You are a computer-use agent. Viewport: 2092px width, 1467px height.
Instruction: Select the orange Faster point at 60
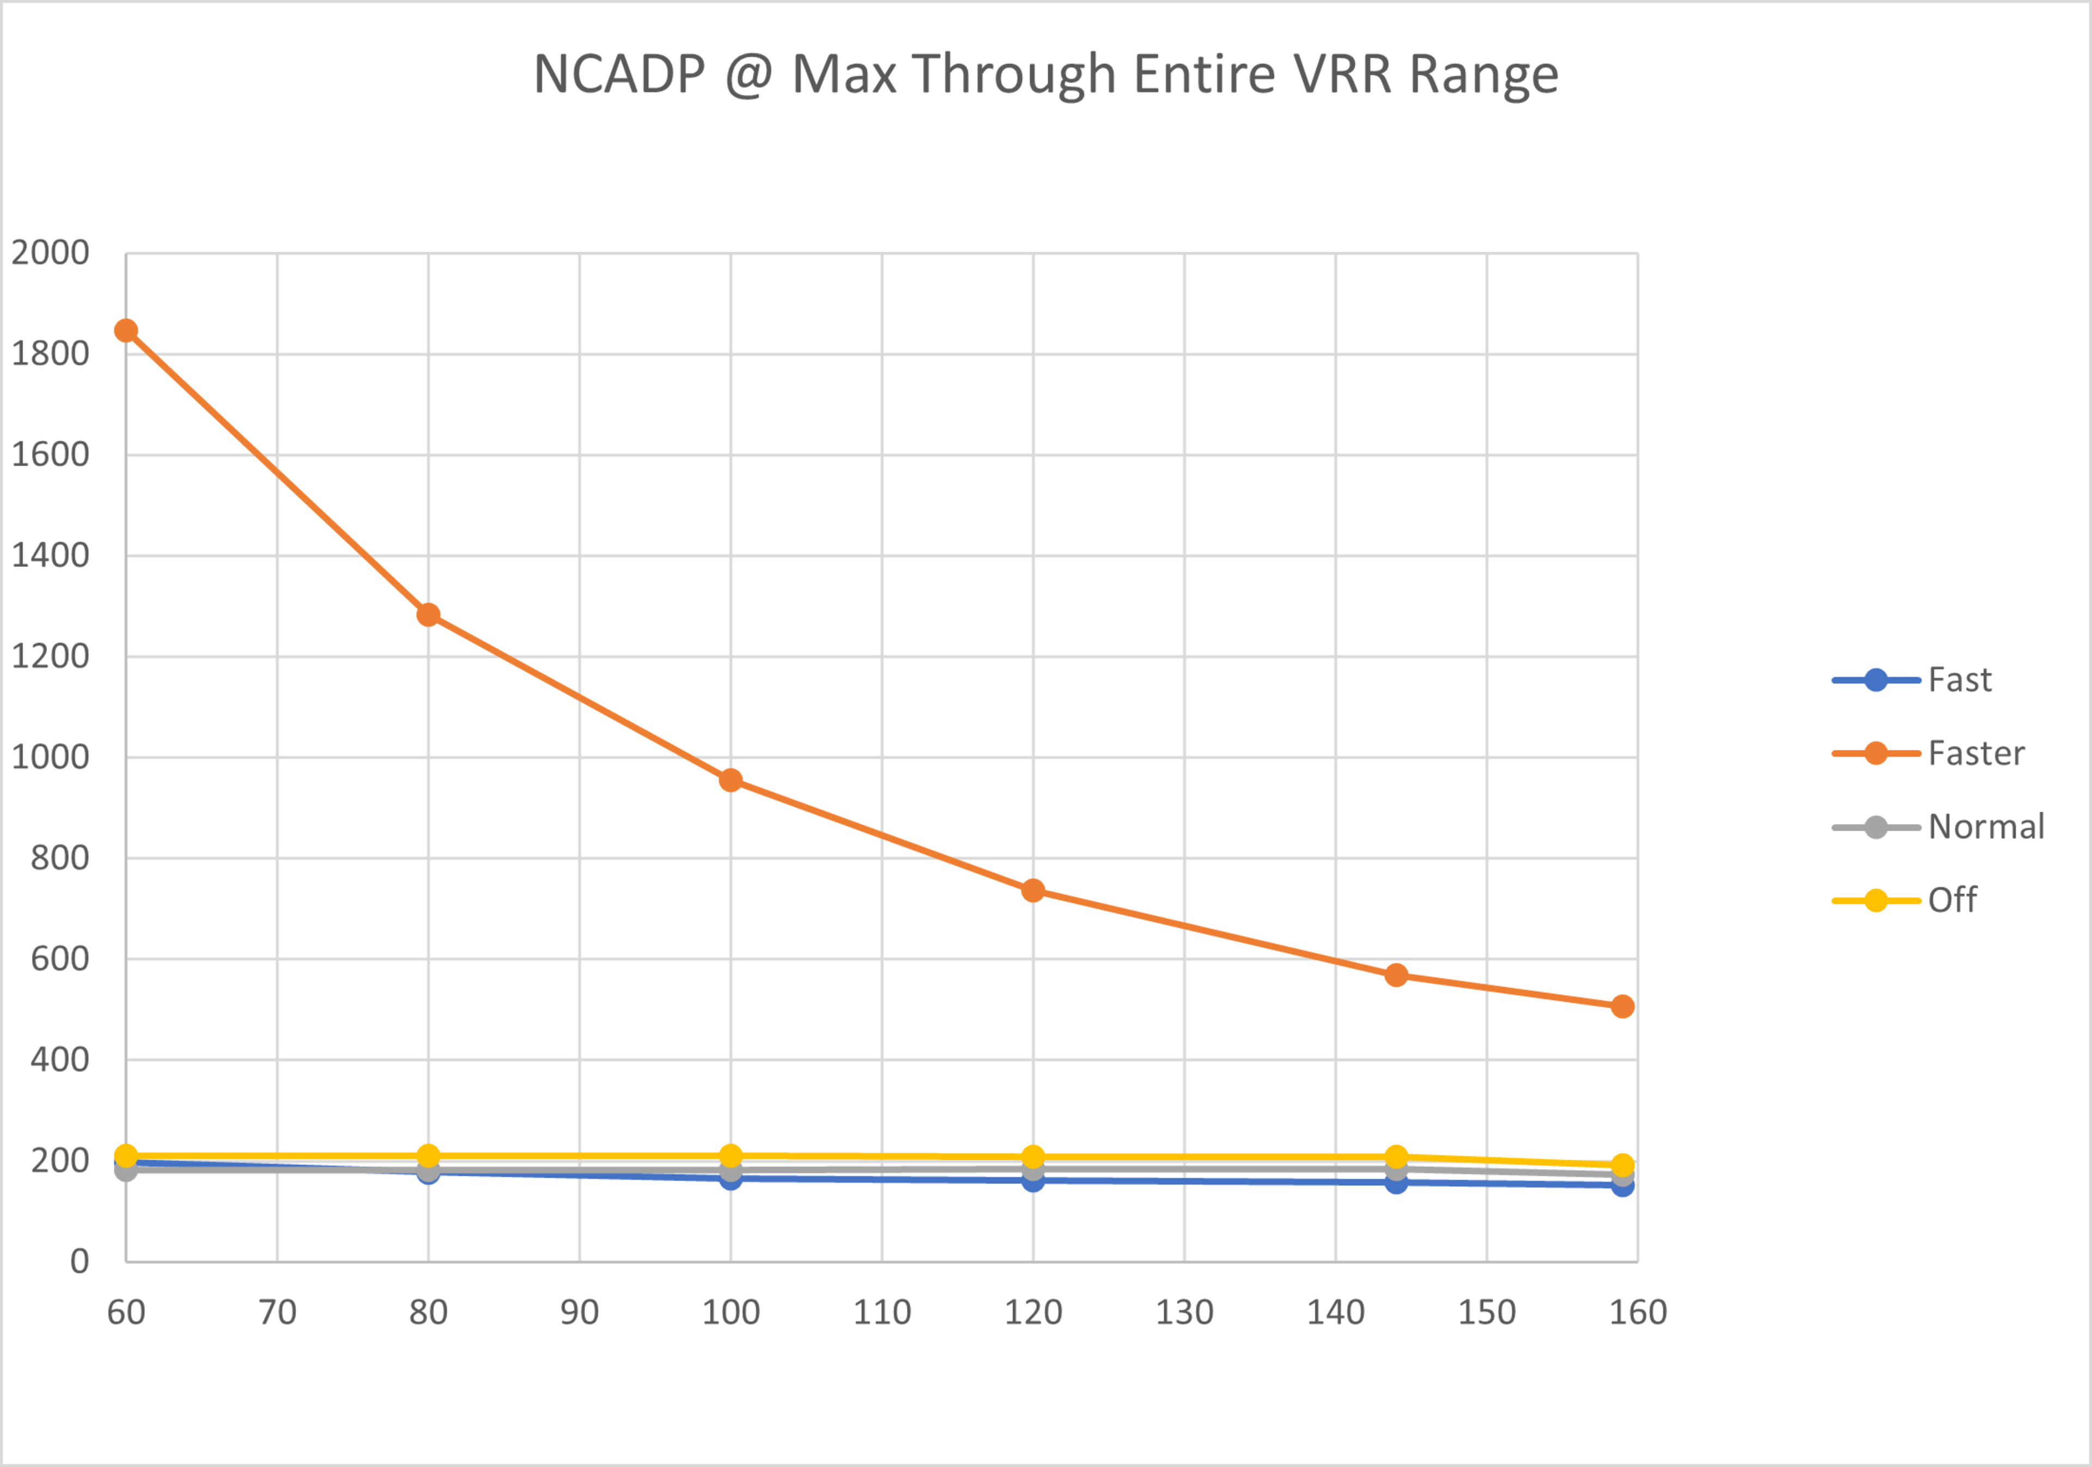(x=126, y=330)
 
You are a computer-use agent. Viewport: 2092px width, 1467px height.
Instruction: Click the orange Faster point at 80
(x=428, y=615)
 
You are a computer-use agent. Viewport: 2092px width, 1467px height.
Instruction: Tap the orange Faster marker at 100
(x=731, y=780)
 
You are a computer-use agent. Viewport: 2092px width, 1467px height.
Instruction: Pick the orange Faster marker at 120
(x=1033, y=890)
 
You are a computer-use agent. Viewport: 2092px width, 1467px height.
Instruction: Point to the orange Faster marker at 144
(x=1396, y=976)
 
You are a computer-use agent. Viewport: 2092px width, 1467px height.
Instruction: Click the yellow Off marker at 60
(x=126, y=1155)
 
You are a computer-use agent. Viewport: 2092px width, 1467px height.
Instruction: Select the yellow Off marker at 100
(x=731, y=1155)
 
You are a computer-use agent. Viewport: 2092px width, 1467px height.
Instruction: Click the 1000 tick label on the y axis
(x=50, y=757)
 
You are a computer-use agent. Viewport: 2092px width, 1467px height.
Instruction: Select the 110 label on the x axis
(x=882, y=1312)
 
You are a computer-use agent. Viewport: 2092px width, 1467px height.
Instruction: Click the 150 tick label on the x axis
(x=1487, y=1312)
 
